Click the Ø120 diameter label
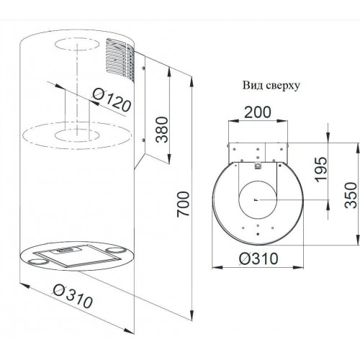[112, 100]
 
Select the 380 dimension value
[162, 130]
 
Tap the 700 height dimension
[184, 204]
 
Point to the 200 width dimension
[258, 112]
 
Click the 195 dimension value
[321, 169]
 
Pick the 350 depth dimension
[351, 195]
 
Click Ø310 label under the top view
[258, 258]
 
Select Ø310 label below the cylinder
[73, 296]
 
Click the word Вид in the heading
[251, 86]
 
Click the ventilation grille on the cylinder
[120, 59]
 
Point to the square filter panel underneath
[77, 256]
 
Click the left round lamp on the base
[37, 261]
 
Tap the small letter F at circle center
[257, 199]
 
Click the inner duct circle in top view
[258, 181]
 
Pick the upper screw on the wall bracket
[143, 68]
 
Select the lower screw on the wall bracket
[143, 140]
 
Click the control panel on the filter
[66, 251]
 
